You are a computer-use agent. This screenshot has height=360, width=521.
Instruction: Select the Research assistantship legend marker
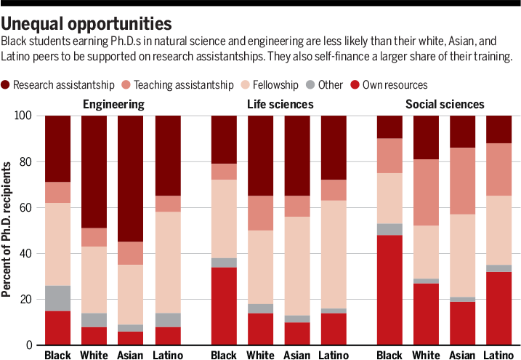tap(7, 84)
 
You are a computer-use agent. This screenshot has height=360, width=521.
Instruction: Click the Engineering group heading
tap(113, 104)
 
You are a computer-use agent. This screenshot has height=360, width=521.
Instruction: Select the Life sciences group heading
tap(280, 104)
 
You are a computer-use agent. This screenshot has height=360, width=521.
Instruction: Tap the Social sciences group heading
tap(445, 104)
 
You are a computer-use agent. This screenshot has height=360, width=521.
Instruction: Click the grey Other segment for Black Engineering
tap(58, 298)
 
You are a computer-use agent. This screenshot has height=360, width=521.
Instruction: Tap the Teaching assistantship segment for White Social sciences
tap(426, 192)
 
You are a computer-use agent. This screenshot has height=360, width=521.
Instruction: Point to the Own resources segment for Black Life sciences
tap(224, 305)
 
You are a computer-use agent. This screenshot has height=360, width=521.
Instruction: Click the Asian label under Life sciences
tap(297, 355)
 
